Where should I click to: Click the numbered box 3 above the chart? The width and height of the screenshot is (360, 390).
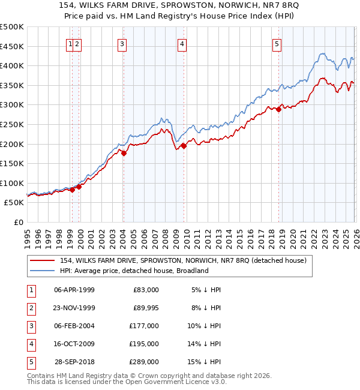122,43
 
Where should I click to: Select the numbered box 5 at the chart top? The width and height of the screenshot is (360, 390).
277,43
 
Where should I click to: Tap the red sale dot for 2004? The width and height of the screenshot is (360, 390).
124,153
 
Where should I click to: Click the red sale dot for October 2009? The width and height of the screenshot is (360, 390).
184,146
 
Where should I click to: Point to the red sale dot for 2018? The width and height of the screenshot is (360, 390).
279,109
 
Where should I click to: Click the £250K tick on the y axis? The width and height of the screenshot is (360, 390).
12,124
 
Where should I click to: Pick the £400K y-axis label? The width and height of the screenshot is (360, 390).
12,65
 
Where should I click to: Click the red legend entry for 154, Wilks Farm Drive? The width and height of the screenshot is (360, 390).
183,260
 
